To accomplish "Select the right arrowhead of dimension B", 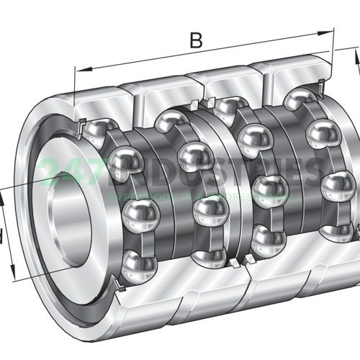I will coord(332,31).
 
